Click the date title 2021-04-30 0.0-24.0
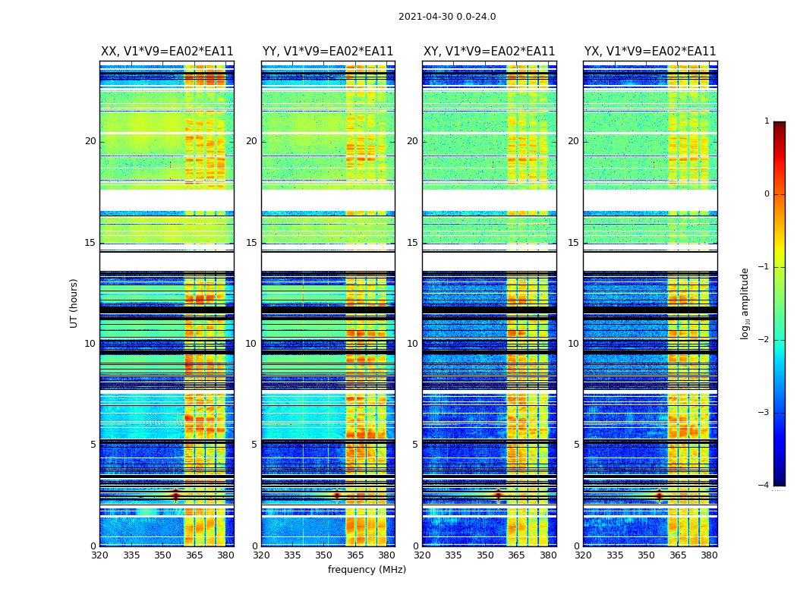tap(447, 17)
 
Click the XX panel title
tap(167, 52)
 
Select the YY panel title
tap(328, 52)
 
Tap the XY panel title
tap(489, 52)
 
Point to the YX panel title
tap(650, 52)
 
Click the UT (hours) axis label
tap(74, 303)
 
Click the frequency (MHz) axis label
tap(367, 570)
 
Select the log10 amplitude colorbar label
tap(745, 303)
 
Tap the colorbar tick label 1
tap(766, 121)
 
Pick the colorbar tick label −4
tap(764, 486)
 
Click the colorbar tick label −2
tap(764, 340)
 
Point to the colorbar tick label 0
tap(766, 194)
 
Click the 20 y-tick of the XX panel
tap(90, 141)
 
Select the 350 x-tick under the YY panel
tap(324, 555)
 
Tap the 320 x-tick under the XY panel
tap(422, 555)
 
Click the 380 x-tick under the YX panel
tap(709, 555)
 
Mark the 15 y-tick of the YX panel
tap(574, 243)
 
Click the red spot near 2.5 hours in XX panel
tap(175, 495)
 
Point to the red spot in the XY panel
tap(498, 495)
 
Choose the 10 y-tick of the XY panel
tap(413, 344)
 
